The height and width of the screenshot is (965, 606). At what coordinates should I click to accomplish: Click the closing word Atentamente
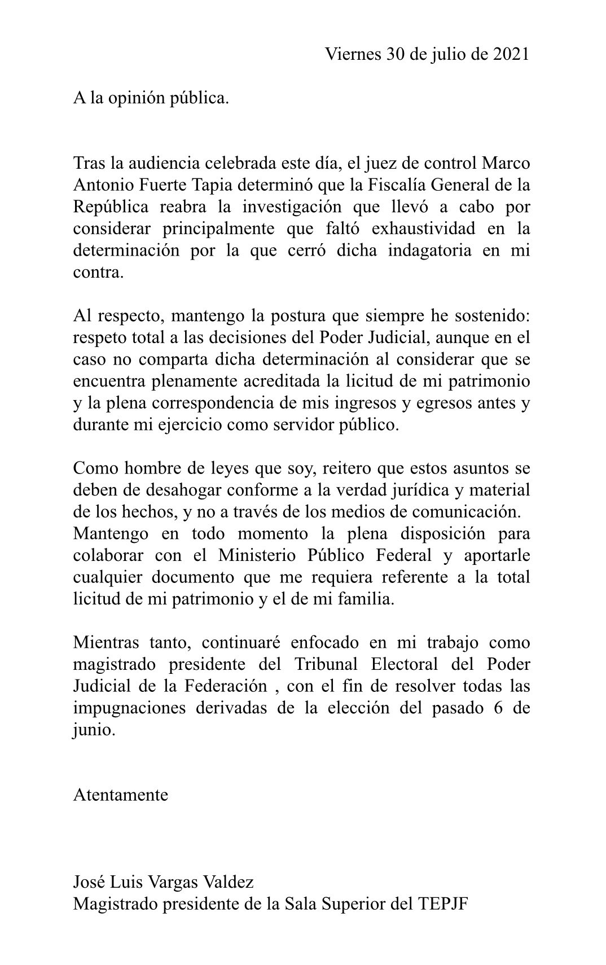(121, 795)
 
